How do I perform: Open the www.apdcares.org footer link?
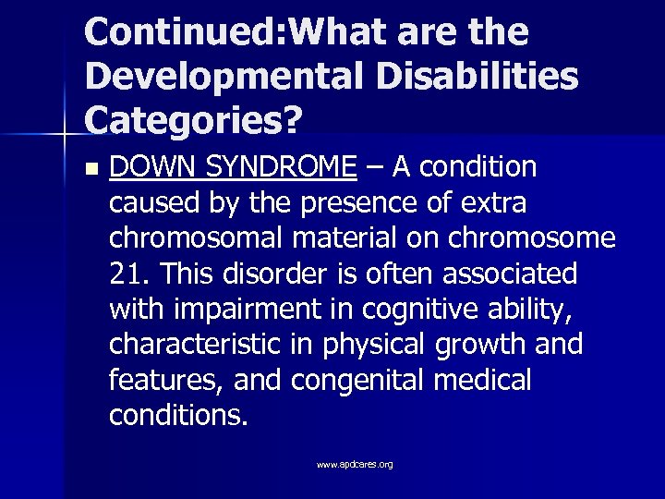point(355,464)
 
